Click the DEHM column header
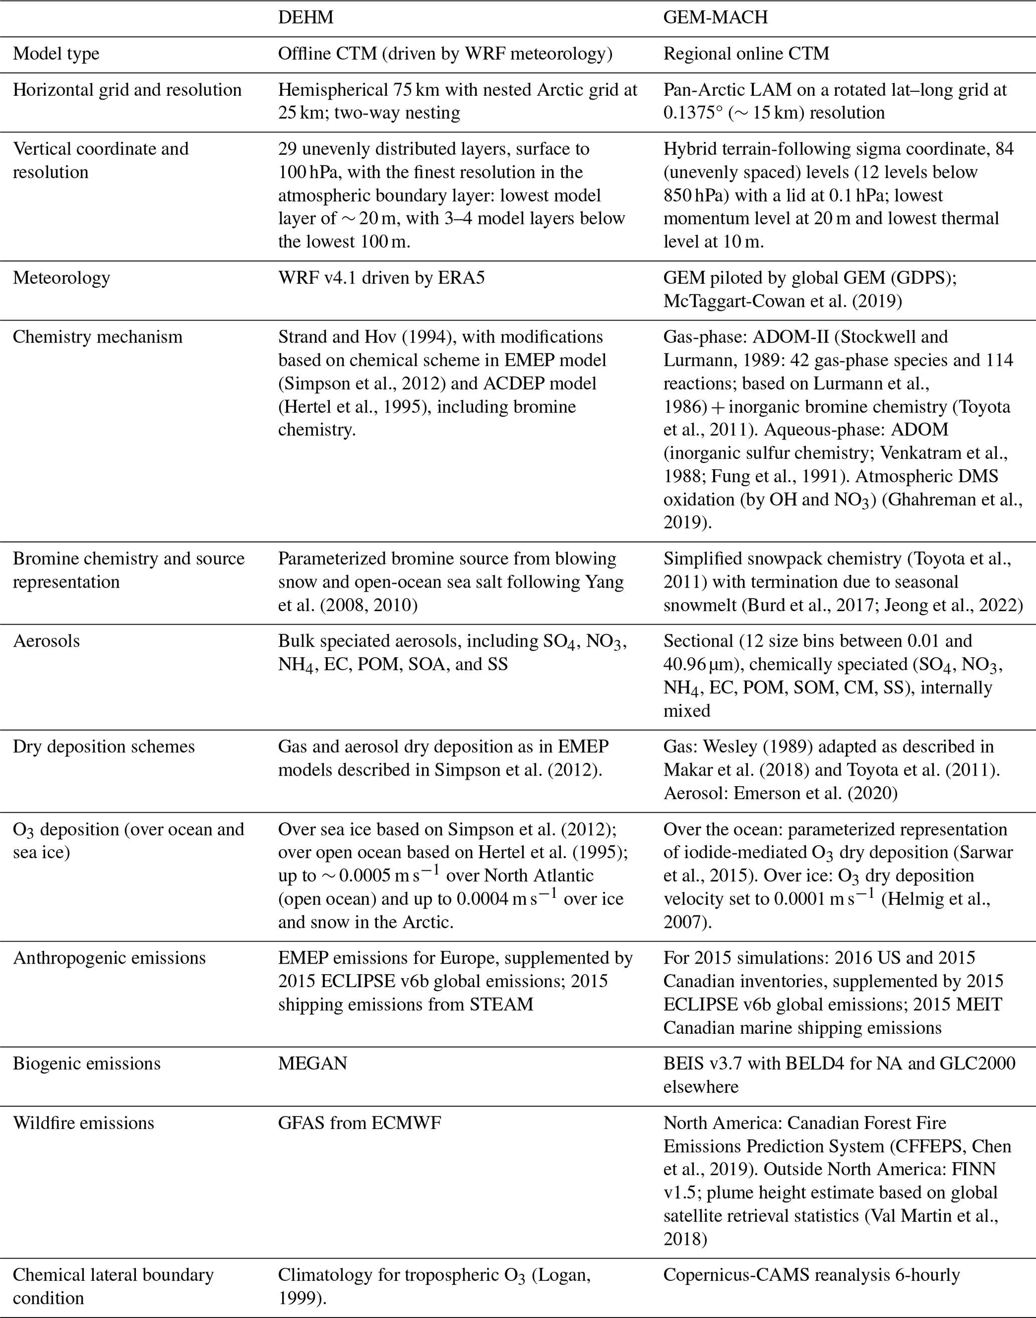pyautogui.click(x=306, y=17)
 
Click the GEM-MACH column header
pyautogui.click(x=715, y=17)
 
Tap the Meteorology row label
pyautogui.click(x=61, y=278)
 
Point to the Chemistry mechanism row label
pyautogui.click(x=97, y=337)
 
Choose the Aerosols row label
pyautogui.click(x=46, y=641)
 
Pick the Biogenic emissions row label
pyautogui.click(x=87, y=1064)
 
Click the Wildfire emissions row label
pyautogui.click(x=83, y=1122)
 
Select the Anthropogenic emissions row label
pyautogui.click(x=109, y=958)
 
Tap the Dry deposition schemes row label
pyautogui.click(x=104, y=746)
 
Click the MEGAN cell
pyautogui.click(x=312, y=1064)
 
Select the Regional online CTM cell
pyautogui.click(x=746, y=54)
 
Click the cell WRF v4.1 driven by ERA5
pyautogui.click(x=381, y=278)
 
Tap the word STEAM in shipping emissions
pyautogui.click(x=501, y=1005)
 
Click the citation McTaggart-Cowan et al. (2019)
pyautogui.click(x=782, y=301)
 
